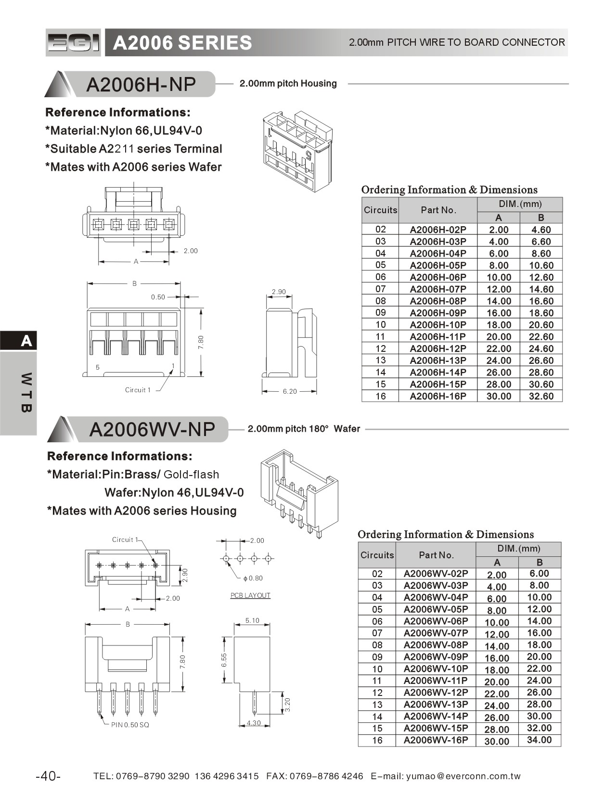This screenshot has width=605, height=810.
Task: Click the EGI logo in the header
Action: [73, 43]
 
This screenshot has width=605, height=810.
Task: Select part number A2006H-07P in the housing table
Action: [438, 289]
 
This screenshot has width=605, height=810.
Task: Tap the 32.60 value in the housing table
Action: [541, 396]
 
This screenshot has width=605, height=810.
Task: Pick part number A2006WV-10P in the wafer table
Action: [436, 669]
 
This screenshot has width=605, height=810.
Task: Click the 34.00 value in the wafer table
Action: [539, 740]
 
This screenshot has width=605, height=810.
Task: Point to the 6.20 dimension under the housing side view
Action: [290, 391]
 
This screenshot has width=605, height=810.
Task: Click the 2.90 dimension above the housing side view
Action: [279, 292]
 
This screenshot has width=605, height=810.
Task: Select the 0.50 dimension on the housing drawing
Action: [158, 297]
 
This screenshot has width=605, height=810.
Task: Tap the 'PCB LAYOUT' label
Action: [250, 595]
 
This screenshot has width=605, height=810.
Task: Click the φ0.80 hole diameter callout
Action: [253, 578]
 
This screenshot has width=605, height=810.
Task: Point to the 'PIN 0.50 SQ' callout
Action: [130, 725]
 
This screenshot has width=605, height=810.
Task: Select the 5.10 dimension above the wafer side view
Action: [252, 620]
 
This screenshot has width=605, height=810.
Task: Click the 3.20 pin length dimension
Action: [287, 705]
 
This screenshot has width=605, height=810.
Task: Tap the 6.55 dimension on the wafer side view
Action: [224, 660]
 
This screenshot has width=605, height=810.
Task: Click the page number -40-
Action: [48, 776]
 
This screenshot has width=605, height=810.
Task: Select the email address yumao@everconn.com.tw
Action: [463, 776]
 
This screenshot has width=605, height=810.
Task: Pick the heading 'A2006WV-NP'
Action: [152, 429]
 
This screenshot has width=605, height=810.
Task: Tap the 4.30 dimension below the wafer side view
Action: [253, 723]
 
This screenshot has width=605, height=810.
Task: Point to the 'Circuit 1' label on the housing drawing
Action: [138, 390]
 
